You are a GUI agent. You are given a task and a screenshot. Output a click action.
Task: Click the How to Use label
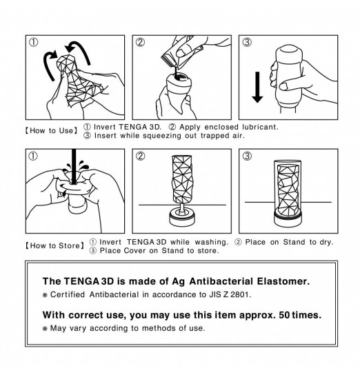pyautogui.click(x=52, y=131)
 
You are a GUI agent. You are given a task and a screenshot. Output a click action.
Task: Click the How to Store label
pyautogui.click(x=55, y=246)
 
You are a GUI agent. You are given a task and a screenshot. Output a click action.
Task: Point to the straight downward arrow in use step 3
pyautogui.click(x=257, y=88)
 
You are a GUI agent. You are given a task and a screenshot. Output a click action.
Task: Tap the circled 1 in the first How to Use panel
pyautogui.click(x=34, y=43)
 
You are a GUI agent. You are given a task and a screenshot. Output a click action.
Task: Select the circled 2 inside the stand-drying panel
pyautogui.click(x=141, y=156)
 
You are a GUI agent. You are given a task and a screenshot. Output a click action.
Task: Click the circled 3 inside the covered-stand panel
pyautogui.click(x=247, y=156)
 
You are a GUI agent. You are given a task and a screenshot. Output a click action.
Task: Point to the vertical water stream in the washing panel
pyautogui.click(x=74, y=167)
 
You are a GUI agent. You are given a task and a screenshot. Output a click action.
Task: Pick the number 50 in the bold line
pyautogui.click(x=284, y=315)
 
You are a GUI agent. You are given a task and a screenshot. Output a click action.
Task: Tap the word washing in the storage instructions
pyautogui.click(x=211, y=242)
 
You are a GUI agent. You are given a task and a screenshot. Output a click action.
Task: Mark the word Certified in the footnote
pyautogui.click(x=68, y=294)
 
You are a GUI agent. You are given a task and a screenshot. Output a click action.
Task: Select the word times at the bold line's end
pyautogui.click(x=307, y=315)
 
